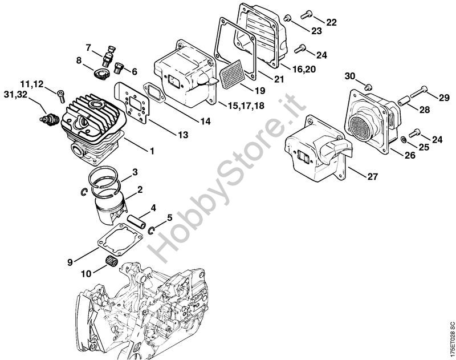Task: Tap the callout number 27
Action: click(372, 176)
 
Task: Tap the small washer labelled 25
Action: click(403, 139)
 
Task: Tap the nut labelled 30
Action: click(368, 86)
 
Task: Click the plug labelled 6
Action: click(119, 68)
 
